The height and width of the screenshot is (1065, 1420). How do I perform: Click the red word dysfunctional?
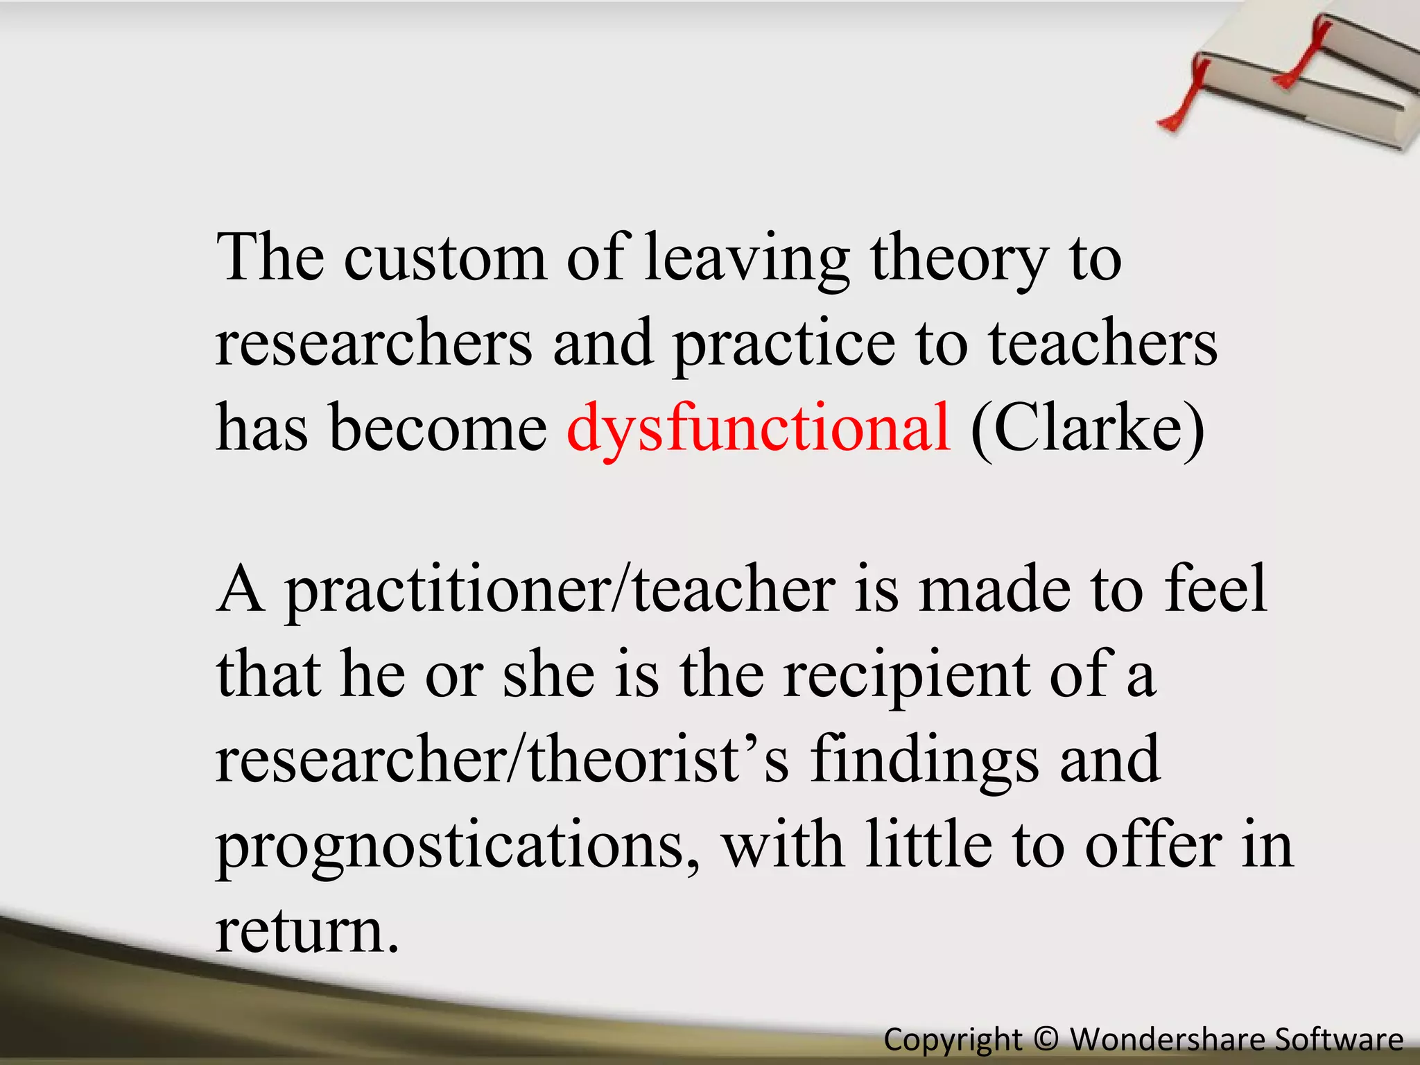(x=759, y=428)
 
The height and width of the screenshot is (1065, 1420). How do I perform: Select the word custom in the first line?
(x=445, y=258)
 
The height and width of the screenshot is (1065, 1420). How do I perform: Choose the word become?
(x=438, y=428)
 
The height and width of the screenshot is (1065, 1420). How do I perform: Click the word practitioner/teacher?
(x=560, y=589)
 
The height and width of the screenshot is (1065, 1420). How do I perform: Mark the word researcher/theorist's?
(x=502, y=760)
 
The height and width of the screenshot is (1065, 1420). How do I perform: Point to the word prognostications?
(x=458, y=846)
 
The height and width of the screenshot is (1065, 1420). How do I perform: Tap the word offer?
(x=1154, y=846)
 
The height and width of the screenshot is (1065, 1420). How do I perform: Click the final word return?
(x=307, y=931)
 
